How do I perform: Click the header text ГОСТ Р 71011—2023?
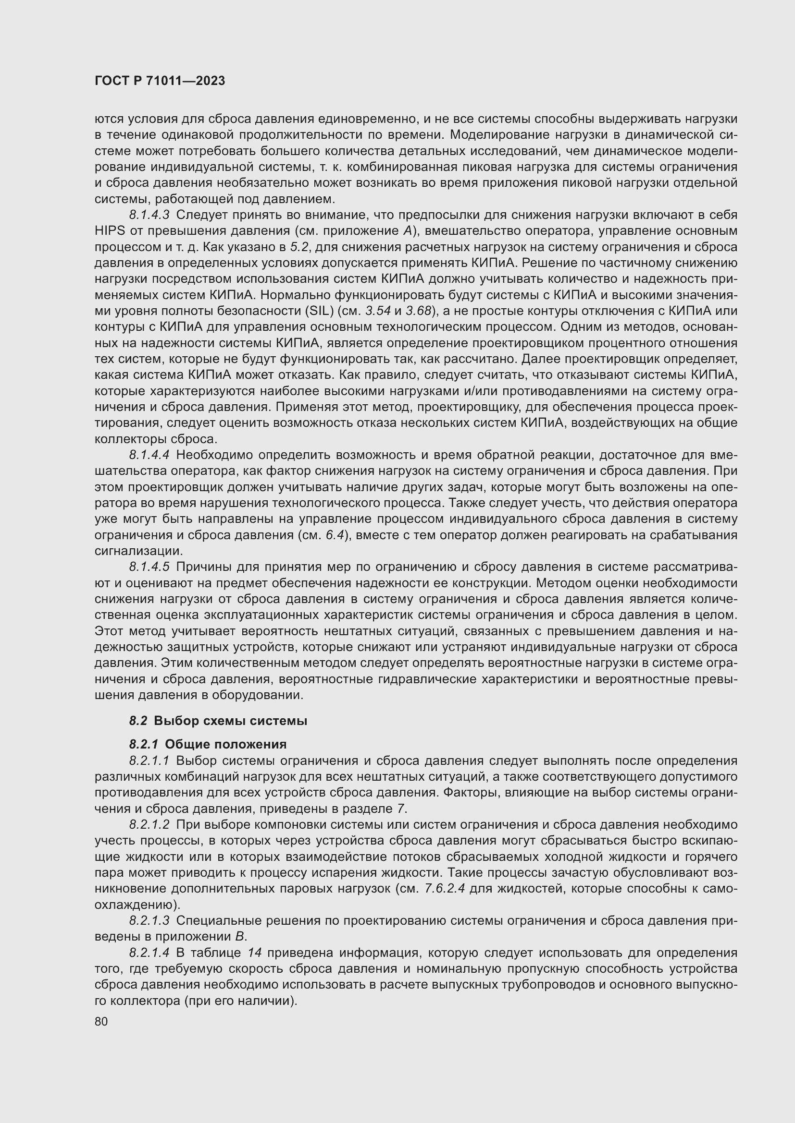[x=160, y=81]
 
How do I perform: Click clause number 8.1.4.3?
[x=149, y=215]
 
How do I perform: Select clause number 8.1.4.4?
[x=149, y=455]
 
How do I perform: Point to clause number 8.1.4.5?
[x=149, y=567]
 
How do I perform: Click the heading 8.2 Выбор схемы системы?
[x=218, y=721]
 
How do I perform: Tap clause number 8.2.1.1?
[x=149, y=761]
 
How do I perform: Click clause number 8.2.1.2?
[x=149, y=825]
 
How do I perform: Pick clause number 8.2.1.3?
[x=149, y=920]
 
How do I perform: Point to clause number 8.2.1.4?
[x=149, y=953]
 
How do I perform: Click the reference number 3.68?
[x=418, y=311]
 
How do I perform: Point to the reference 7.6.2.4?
[x=445, y=889]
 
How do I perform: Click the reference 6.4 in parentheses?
[x=335, y=535]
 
